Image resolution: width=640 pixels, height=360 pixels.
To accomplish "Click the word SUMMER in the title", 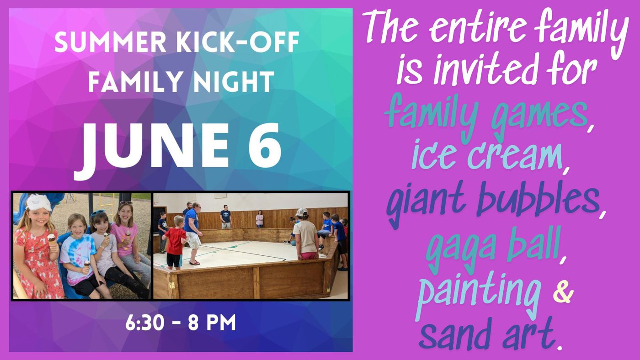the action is (x=111, y=42).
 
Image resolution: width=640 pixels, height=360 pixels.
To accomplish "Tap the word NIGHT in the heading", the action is (x=234, y=81).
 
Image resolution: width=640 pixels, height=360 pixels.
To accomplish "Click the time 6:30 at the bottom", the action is (x=145, y=323).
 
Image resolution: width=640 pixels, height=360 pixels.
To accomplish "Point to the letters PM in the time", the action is (x=221, y=323).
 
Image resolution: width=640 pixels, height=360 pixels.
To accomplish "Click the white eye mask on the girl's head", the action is (x=38, y=202).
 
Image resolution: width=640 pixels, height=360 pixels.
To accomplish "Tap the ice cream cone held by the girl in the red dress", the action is (x=51, y=239).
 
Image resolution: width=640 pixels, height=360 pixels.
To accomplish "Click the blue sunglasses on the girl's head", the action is (x=98, y=213).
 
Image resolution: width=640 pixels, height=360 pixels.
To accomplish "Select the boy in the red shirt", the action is (x=175, y=243).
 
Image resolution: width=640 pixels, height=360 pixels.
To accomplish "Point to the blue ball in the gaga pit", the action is (x=293, y=243).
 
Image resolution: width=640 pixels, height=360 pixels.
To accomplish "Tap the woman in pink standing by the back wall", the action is (x=260, y=219).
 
